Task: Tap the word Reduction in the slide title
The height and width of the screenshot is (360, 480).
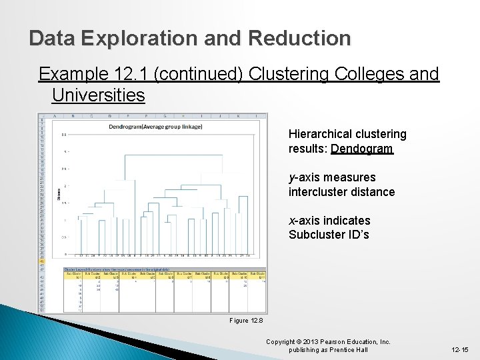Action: [x=299, y=38]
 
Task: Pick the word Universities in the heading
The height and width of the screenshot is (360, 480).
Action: [x=98, y=95]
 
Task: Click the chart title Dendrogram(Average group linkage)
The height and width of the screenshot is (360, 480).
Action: [x=155, y=126]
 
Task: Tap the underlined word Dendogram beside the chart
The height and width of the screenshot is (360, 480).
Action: [x=362, y=149]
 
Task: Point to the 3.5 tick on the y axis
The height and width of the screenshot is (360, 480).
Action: [x=64, y=134]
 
